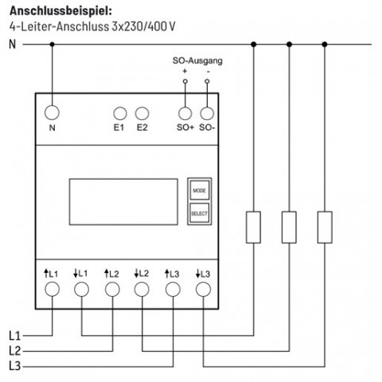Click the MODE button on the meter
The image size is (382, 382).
point(200,190)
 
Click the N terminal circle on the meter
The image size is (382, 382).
point(52,112)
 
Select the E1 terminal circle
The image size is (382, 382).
point(120,114)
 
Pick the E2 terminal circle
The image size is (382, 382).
point(142,114)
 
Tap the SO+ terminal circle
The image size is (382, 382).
point(185,114)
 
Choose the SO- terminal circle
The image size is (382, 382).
point(207,114)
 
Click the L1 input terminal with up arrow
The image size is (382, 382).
point(52,289)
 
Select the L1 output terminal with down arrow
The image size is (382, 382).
point(81,289)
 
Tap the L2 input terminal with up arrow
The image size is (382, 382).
point(112,289)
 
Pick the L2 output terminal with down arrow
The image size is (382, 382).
point(142,289)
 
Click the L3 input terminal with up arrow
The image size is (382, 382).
point(173,289)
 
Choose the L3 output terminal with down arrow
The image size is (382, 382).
point(204,289)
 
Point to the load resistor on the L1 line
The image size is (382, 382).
point(253,227)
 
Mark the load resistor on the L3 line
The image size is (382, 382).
point(325,227)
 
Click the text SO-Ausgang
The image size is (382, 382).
point(197,60)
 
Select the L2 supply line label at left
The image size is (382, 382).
point(15,351)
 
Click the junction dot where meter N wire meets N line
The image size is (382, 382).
point(52,45)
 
